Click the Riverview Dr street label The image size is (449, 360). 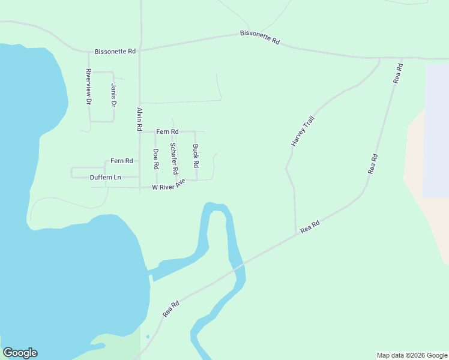pyautogui.click(x=88, y=88)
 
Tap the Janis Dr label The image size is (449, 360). pyautogui.click(x=113, y=95)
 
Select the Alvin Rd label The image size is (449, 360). pyautogui.click(x=139, y=119)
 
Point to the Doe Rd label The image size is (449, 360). pyautogui.click(x=156, y=158)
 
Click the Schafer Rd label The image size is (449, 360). pyautogui.click(x=173, y=158)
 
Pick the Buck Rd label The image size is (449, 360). pyautogui.click(x=196, y=155)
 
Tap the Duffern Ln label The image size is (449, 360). pyautogui.click(x=105, y=178)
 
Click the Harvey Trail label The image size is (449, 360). pyautogui.click(x=303, y=131)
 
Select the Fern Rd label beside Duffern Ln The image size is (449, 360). pyautogui.click(x=121, y=161)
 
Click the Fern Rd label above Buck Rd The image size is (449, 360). pyautogui.click(x=167, y=131)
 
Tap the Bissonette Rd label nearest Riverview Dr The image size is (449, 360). pyautogui.click(x=115, y=52)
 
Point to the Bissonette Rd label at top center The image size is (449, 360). pyautogui.click(x=260, y=37)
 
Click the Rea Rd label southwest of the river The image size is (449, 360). pyautogui.click(x=171, y=309)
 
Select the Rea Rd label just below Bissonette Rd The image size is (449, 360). pyautogui.click(x=397, y=73)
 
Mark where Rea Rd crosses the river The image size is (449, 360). pyautogui.click(x=240, y=265)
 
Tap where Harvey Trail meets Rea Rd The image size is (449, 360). pyautogui.click(x=296, y=234)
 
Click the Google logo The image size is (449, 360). pyautogui.click(x=20, y=353)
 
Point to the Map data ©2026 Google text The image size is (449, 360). pyautogui.click(x=412, y=355)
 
